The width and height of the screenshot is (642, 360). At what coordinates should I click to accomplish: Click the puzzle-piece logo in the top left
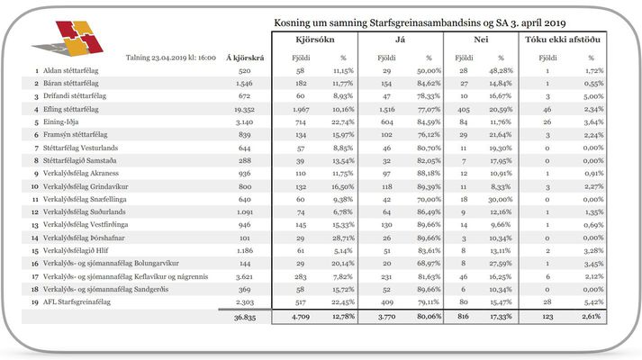[x=69, y=39]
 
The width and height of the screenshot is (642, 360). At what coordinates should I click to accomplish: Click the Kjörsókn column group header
[x=315, y=40]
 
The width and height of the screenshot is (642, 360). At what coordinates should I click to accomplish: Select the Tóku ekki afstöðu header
[x=563, y=40]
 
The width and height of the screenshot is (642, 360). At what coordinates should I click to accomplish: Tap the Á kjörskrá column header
[x=245, y=58]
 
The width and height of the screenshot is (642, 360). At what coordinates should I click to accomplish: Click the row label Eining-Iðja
[x=60, y=121]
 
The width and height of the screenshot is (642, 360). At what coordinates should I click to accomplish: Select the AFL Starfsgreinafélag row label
[x=77, y=301]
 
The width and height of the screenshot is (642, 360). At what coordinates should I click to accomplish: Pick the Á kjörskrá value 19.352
[x=244, y=109]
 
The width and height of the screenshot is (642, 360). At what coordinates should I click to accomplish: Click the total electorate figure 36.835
[x=245, y=317]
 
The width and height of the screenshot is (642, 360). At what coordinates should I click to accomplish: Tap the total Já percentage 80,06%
[x=429, y=316]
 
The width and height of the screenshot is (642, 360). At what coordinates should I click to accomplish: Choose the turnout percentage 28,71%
[x=343, y=238]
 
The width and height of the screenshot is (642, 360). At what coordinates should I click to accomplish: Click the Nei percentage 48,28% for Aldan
[x=501, y=70]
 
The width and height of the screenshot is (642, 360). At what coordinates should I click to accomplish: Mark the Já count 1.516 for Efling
[x=386, y=109]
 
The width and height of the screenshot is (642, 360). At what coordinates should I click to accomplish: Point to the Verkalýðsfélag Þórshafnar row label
[x=84, y=238]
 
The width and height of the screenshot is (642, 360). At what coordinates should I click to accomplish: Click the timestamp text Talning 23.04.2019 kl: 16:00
[x=171, y=58]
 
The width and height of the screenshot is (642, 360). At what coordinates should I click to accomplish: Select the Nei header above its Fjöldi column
[x=481, y=40]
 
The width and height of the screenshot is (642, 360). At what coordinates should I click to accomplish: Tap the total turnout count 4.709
[x=301, y=316]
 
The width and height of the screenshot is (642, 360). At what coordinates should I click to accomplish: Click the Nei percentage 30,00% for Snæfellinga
[x=501, y=199]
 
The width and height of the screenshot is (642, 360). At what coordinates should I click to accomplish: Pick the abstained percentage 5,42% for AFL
[x=593, y=301]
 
